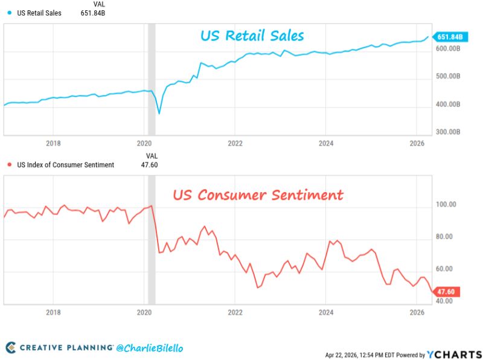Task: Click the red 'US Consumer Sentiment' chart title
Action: pos(258,195)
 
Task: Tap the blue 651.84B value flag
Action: pos(449,37)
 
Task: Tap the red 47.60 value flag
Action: pos(449,292)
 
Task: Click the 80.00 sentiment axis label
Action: pos(444,237)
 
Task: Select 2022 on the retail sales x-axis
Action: pos(235,143)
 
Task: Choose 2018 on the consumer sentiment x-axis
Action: pos(53,312)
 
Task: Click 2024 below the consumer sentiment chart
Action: pos(325,312)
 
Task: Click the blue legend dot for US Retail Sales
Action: pos(8,12)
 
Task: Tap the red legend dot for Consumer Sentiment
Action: pos(8,165)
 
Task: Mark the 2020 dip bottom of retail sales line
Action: pos(159,113)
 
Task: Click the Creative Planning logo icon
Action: pos(11,347)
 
